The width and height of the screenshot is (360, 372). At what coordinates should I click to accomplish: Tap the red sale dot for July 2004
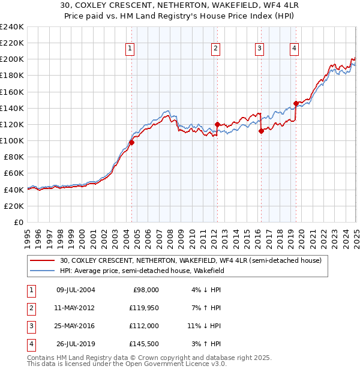(131, 142)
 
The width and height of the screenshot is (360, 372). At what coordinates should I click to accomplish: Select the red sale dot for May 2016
(261, 131)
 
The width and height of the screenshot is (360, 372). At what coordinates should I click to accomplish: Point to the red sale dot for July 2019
(296, 103)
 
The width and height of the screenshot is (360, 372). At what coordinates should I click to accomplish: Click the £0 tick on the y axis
(19, 222)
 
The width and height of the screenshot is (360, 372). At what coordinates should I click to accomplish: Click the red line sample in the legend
(43, 260)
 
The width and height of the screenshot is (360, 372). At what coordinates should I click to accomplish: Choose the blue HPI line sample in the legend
(43, 271)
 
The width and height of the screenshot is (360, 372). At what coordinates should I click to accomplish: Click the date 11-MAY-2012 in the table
(75, 308)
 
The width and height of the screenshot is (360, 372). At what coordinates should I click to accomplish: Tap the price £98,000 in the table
(146, 290)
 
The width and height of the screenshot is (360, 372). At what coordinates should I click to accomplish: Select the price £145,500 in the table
(145, 344)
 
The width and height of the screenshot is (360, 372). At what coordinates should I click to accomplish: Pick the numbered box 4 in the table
(30, 344)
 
